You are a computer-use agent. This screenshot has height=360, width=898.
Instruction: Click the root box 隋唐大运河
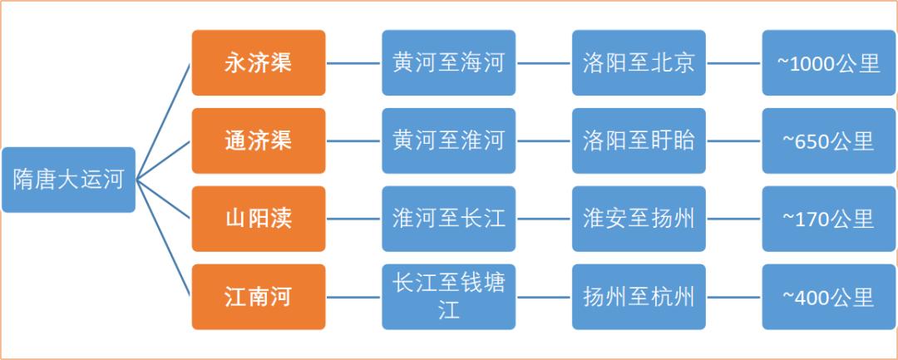pos(69,180)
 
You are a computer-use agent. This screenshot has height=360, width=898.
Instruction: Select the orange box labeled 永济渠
pos(259,63)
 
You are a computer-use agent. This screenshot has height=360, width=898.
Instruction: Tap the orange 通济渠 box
pos(259,141)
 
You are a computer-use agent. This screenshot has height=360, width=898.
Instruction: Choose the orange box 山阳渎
pos(259,219)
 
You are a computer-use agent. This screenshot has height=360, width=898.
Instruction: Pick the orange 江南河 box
pos(259,297)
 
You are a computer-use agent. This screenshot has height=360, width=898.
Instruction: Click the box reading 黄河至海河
pos(448,63)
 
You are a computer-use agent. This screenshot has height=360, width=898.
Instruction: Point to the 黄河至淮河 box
pos(448,141)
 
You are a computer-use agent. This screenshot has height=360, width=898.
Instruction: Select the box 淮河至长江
pos(448,219)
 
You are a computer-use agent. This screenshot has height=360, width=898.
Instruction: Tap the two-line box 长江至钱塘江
pos(448,297)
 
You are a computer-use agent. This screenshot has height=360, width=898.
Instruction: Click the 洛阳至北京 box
pos(639,63)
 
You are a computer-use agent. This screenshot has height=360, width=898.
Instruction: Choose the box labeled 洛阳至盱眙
pos(639,141)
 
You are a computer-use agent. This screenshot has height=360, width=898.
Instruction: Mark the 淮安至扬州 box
pos(639,219)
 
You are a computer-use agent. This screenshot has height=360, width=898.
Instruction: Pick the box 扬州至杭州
pos(639,297)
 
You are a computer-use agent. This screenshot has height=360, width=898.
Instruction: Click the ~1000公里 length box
pos(829,63)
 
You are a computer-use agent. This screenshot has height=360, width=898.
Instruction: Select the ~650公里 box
pos(829,141)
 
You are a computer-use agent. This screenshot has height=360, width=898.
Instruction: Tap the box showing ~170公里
pos(829,219)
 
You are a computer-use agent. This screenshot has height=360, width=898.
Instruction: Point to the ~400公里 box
pos(829,297)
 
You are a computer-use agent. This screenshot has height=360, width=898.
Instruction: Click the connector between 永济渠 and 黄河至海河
pos(354,63)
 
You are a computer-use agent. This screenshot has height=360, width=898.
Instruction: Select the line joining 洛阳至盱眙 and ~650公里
pos(734,141)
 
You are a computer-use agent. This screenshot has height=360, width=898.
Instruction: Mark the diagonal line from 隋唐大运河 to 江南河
pos(163,238)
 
